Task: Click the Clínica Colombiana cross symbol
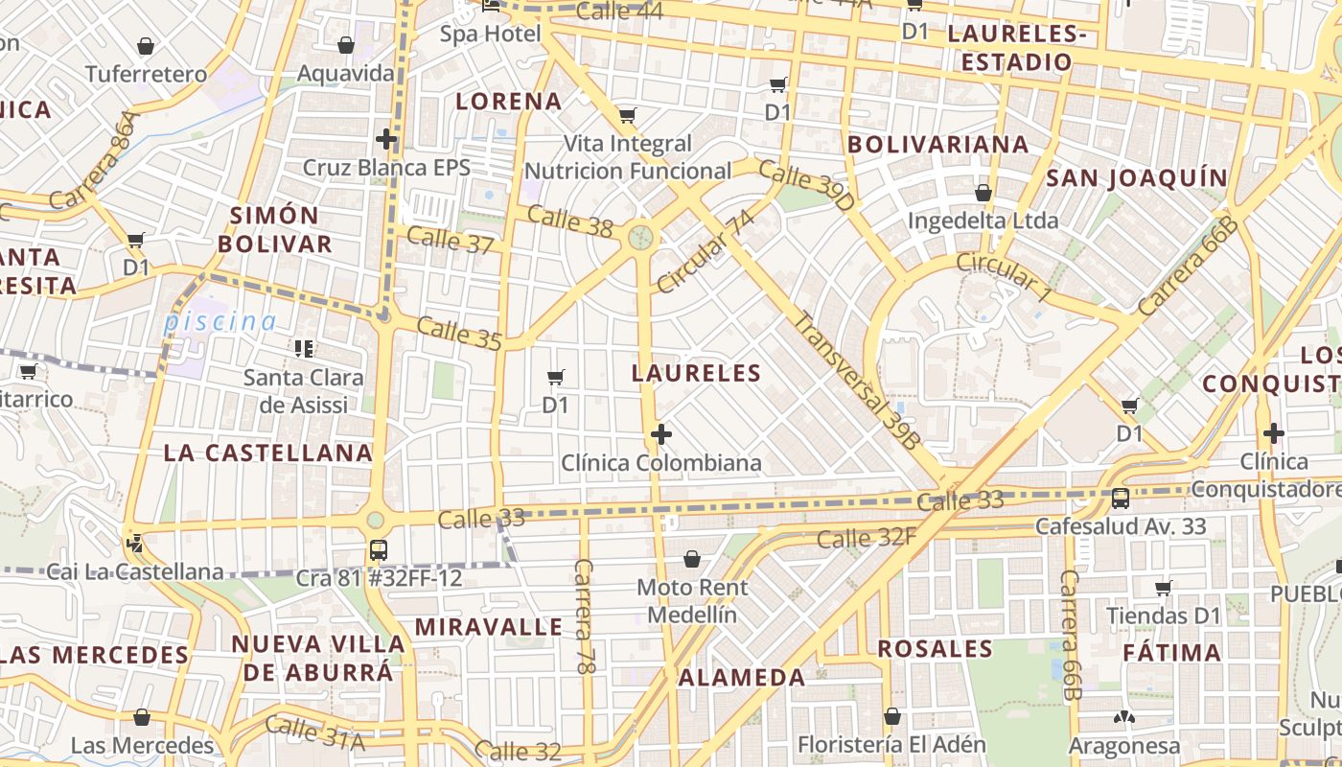point(660,434)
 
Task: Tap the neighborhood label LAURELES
point(697,373)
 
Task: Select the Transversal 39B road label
point(856,381)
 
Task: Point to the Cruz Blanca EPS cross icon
point(386,140)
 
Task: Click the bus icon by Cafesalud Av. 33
point(1120,499)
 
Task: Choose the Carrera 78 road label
point(583,616)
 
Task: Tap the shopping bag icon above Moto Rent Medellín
point(692,558)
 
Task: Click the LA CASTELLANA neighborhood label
point(267,453)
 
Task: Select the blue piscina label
point(220,322)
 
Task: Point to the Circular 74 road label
point(706,251)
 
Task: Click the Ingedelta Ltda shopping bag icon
point(983,193)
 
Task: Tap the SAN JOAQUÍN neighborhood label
point(1136,178)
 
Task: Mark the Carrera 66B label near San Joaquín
point(1189,267)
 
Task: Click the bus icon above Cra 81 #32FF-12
point(379,550)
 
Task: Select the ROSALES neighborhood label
point(935,649)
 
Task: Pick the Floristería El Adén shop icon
point(892,716)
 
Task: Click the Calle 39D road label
point(805,185)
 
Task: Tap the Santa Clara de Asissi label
point(304,391)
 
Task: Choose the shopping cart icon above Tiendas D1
point(1164,588)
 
